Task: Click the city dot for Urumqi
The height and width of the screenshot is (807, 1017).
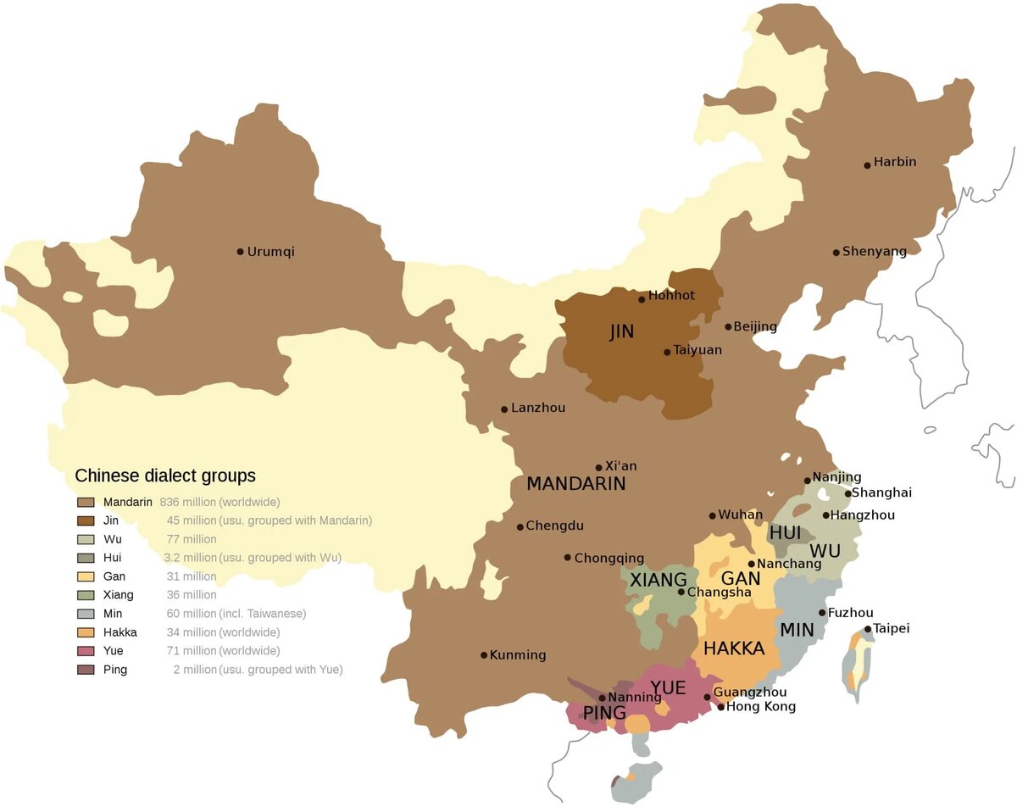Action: tap(240, 251)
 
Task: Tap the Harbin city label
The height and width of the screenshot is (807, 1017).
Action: tap(895, 162)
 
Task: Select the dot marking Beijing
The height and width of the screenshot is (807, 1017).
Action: tap(728, 326)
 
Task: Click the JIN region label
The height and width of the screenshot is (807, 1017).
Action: tap(621, 332)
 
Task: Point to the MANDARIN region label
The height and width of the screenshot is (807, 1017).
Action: tap(575, 484)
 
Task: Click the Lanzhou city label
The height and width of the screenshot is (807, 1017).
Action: tap(538, 408)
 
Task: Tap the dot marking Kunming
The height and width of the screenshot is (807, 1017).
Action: tap(484, 654)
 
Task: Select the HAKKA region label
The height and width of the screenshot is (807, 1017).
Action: tap(734, 648)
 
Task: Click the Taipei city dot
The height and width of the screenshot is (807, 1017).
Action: tap(868, 629)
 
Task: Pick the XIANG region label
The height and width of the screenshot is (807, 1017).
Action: tap(659, 580)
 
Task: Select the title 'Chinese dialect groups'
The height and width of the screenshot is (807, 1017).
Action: tap(165, 476)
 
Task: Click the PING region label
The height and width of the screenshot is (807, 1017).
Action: tap(603, 713)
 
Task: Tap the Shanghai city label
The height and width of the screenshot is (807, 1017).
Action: tap(882, 493)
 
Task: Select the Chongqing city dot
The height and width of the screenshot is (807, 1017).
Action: tap(568, 557)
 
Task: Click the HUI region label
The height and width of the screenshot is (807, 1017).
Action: tap(785, 532)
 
